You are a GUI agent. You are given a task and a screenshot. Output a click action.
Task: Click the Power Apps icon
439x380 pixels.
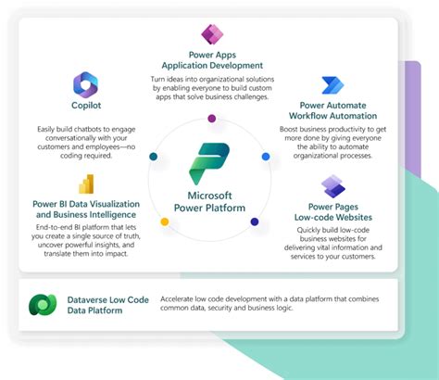click(212, 38)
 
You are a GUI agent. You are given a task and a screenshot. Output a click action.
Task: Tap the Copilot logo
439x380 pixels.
click(86, 84)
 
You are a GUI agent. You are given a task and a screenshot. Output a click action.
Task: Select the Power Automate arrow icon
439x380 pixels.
click(332, 85)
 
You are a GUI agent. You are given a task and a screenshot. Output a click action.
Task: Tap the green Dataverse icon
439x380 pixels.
click(42, 305)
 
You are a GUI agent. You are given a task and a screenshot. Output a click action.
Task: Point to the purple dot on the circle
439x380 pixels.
click(212, 118)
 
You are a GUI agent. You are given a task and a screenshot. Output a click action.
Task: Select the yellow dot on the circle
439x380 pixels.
click(165, 222)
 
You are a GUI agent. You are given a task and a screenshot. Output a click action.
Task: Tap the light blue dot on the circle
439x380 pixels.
click(265, 158)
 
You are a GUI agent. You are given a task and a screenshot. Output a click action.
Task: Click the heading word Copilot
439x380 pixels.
click(86, 107)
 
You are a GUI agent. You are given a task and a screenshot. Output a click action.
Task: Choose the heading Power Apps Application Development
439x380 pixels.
click(212, 59)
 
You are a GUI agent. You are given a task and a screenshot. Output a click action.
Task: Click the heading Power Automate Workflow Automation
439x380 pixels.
click(332, 111)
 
